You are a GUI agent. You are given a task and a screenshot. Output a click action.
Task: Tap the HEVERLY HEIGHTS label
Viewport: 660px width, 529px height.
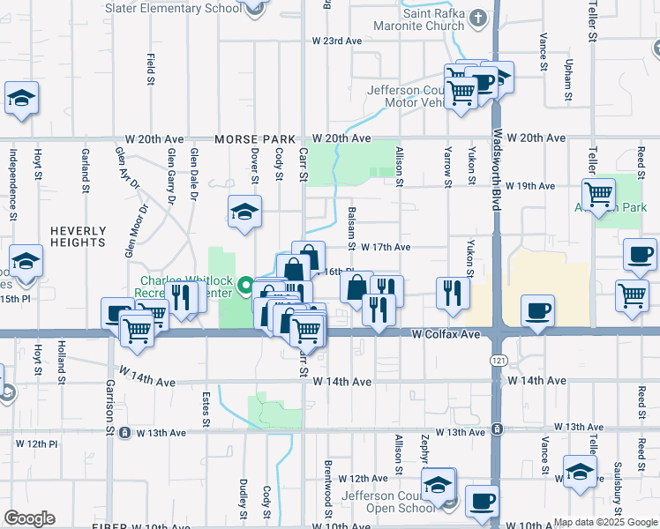[x=78, y=236]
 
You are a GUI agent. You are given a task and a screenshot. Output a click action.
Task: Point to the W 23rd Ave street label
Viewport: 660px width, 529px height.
[x=337, y=41]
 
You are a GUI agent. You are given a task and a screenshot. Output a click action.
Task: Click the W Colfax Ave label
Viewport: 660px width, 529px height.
[x=446, y=335]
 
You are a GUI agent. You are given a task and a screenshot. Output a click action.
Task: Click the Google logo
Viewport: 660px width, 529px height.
[x=29, y=518]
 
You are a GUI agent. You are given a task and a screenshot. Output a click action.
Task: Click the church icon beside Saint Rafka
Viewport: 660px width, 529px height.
[x=477, y=17]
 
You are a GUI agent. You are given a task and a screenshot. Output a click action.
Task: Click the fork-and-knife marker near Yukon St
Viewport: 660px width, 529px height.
[x=452, y=293]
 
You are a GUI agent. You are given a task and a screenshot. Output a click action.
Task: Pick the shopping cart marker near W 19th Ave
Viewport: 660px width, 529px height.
[x=598, y=193]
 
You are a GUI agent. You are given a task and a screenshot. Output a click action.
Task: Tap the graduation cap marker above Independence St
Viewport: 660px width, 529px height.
[x=21, y=98]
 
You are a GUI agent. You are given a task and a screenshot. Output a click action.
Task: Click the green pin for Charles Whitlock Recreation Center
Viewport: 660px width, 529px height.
[x=244, y=286]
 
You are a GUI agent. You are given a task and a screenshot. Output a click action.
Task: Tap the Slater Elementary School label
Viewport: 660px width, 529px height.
[x=173, y=8]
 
